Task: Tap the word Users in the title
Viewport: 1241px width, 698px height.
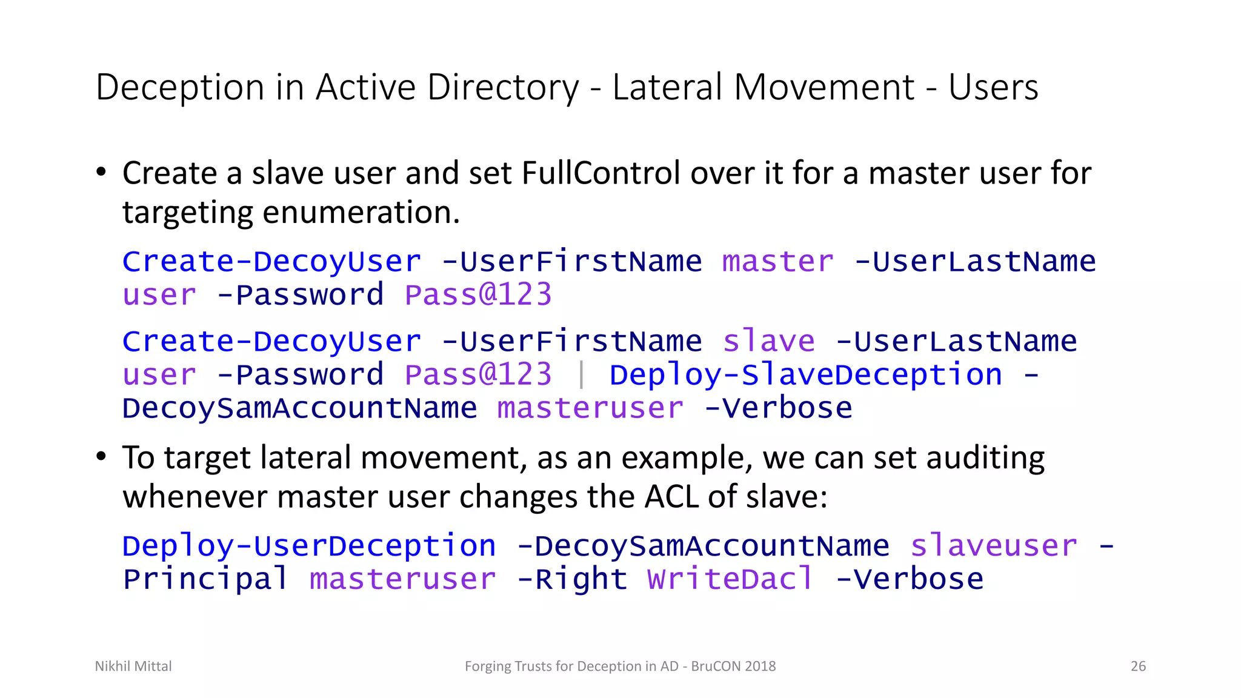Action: pyautogui.click(x=993, y=87)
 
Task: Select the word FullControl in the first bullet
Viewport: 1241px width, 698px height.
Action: pyautogui.click(x=601, y=173)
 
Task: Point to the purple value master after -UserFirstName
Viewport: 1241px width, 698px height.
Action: pyautogui.click(x=778, y=262)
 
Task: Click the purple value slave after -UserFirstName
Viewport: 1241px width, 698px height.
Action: pyautogui.click(x=768, y=341)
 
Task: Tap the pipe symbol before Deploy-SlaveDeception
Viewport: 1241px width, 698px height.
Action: pyautogui.click(x=581, y=374)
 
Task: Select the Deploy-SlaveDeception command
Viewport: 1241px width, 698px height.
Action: pyautogui.click(x=806, y=375)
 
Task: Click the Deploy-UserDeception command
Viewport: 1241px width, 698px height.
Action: pyautogui.click(x=309, y=546)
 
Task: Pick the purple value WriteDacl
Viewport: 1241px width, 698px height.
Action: pyautogui.click(x=730, y=579)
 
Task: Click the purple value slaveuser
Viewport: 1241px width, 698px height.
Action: pyautogui.click(x=994, y=546)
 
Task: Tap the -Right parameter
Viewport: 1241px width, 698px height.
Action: pyautogui.click(x=572, y=579)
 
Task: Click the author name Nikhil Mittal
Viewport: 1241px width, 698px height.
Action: pyautogui.click(x=133, y=666)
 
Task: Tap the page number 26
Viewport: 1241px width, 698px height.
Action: pyautogui.click(x=1138, y=666)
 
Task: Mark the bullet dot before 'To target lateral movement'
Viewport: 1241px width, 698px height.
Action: pyautogui.click(x=101, y=456)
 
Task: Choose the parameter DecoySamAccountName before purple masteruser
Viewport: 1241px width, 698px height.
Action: pyautogui.click(x=299, y=408)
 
